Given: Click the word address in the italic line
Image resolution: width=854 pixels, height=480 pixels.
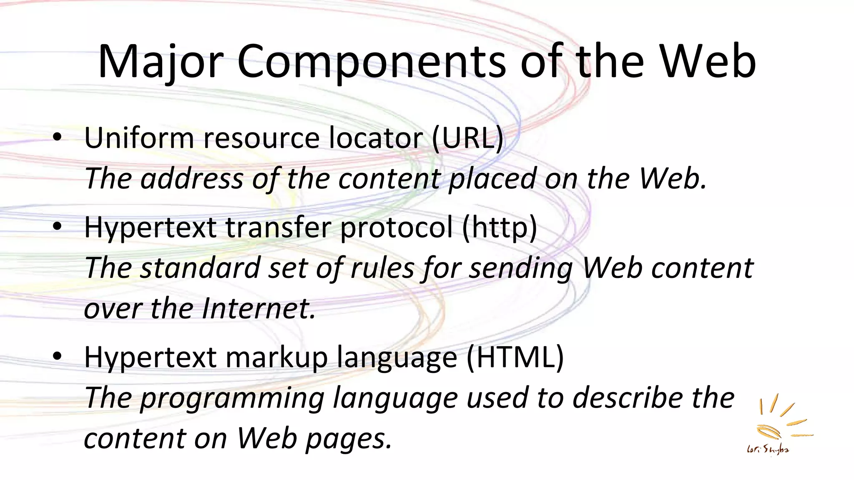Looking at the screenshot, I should [x=192, y=178].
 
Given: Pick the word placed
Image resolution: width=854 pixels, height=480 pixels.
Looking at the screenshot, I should [x=492, y=178].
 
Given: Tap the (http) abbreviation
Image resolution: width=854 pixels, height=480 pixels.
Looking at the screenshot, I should [x=499, y=227].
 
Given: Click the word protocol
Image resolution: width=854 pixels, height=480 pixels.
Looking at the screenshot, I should [x=396, y=227].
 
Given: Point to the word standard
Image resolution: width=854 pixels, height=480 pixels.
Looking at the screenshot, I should [x=200, y=267].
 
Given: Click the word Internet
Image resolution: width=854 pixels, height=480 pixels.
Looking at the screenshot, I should [x=259, y=308].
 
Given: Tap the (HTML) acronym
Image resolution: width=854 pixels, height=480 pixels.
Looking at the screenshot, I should [x=515, y=357].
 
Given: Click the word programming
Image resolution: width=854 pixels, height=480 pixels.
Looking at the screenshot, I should [x=232, y=398].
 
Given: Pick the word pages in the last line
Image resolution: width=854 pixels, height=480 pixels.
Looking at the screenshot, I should [x=349, y=439].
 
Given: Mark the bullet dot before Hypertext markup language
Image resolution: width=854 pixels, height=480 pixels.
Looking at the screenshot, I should [x=57, y=357].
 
